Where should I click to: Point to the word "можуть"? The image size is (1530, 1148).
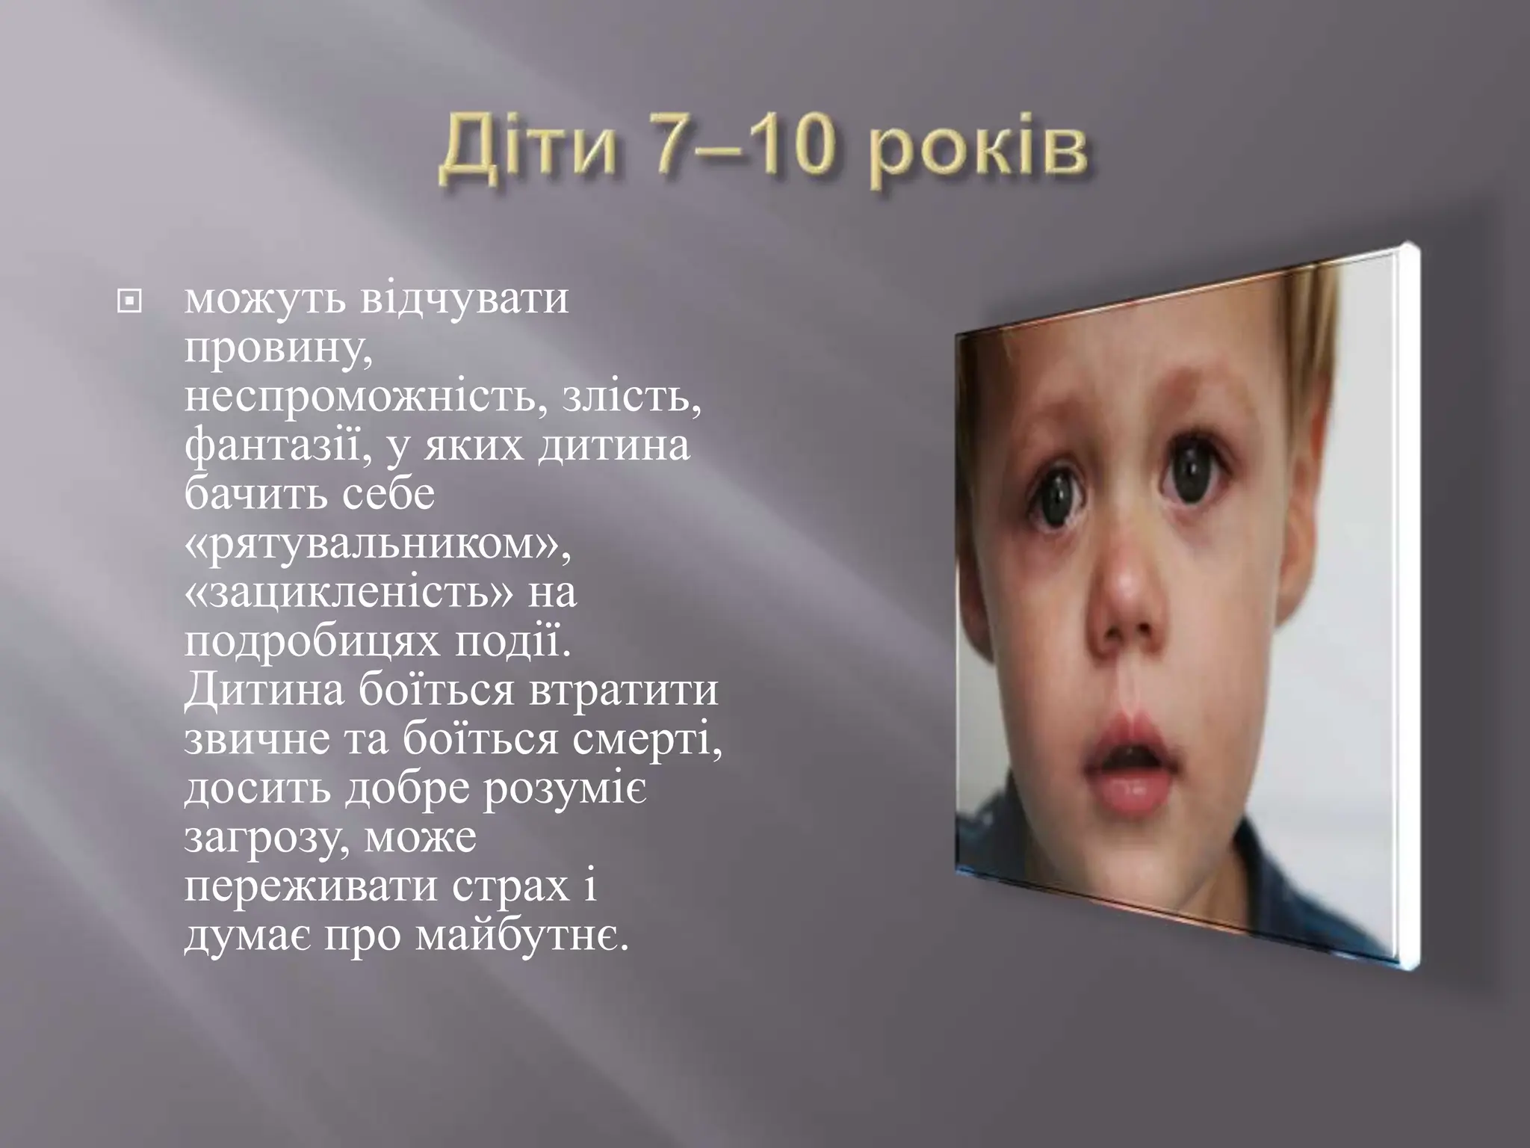[x=264, y=299]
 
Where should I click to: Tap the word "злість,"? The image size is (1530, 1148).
[x=631, y=397]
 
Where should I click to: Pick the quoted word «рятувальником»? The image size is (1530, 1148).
[x=377, y=544]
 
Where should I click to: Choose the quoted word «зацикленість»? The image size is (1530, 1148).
[x=348, y=593]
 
